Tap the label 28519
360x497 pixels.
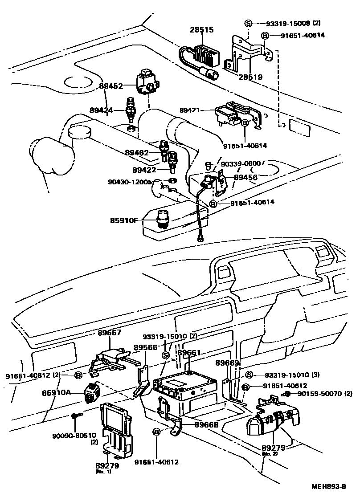(250, 77)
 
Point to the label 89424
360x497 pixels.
(101, 110)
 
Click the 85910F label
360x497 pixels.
(125, 220)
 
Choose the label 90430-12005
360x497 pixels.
(130, 182)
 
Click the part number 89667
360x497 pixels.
(109, 332)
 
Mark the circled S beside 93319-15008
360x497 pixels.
(248, 23)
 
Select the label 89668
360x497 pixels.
(206, 425)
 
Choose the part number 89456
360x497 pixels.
(246, 177)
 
